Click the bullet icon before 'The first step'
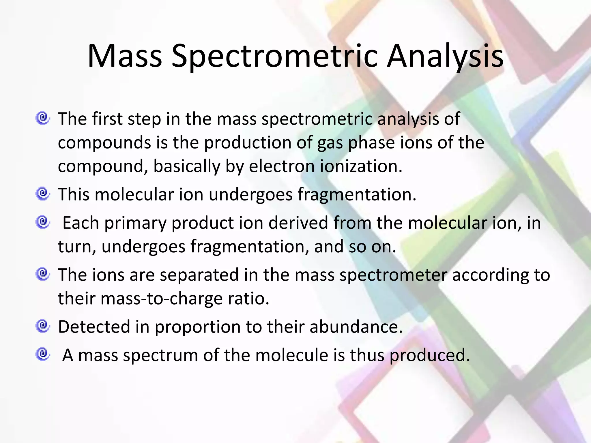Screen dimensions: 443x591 pos(43,118)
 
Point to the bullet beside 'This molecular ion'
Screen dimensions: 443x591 pos(43,194)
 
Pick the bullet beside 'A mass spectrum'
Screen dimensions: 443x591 pos(43,354)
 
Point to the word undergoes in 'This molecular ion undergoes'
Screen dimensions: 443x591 pos(250,195)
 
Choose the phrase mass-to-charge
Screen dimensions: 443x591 pos(162,299)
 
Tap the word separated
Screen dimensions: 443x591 pos(199,275)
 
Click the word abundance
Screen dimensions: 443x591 pos(356,327)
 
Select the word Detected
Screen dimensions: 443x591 pos(94,327)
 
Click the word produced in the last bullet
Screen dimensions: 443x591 pos(430,356)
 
